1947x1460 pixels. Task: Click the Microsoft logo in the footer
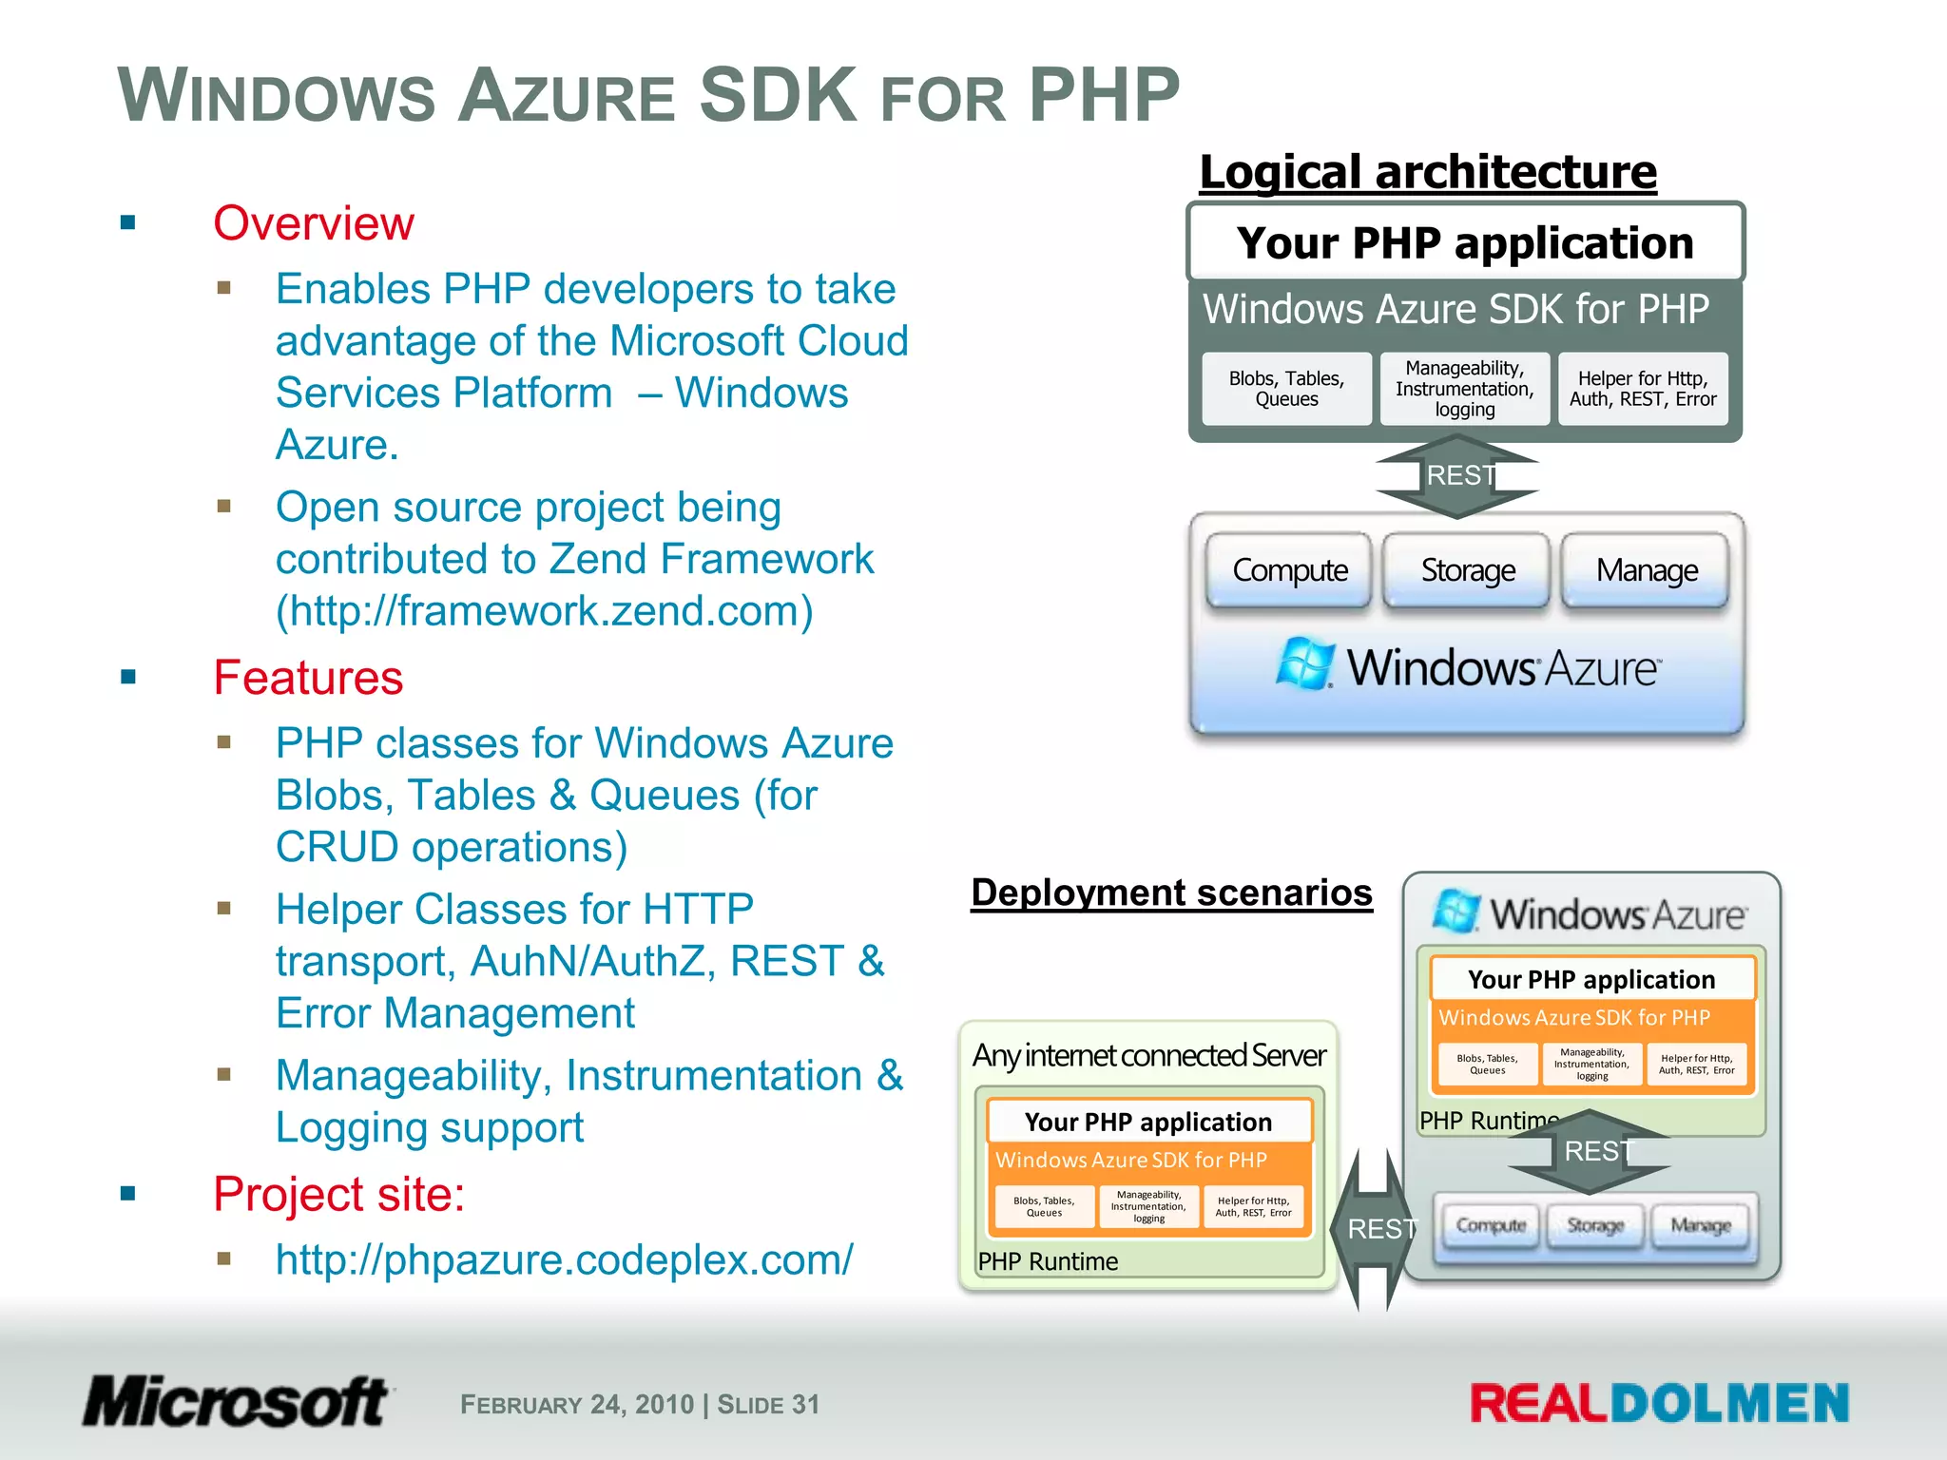[236, 1402]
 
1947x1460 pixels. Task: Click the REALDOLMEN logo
[1659, 1404]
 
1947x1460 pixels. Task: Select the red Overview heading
[314, 224]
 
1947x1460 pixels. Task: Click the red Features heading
[308, 679]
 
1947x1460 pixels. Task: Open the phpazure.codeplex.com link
[564, 1260]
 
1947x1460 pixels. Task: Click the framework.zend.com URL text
[544, 611]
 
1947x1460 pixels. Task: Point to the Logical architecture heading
[1428, 173]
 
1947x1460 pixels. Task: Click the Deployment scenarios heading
[1171, 893]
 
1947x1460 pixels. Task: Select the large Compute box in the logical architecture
[1289, 570]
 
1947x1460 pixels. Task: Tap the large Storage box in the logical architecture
[1467, 570]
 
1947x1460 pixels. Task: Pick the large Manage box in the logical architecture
[1646, 570]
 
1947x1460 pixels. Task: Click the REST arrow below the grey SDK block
[1458, 476]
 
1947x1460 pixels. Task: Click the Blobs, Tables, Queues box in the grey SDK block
[1286, 389]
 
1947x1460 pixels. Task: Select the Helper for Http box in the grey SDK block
[1643, 389]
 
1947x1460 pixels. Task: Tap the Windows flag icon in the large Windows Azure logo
[1305, 663]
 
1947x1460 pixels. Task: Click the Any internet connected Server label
[1148, 1055]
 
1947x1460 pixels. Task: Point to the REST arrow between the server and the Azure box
[1373, 1229]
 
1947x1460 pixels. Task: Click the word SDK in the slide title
[778, 95]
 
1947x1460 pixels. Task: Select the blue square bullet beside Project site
[128, 1194]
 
